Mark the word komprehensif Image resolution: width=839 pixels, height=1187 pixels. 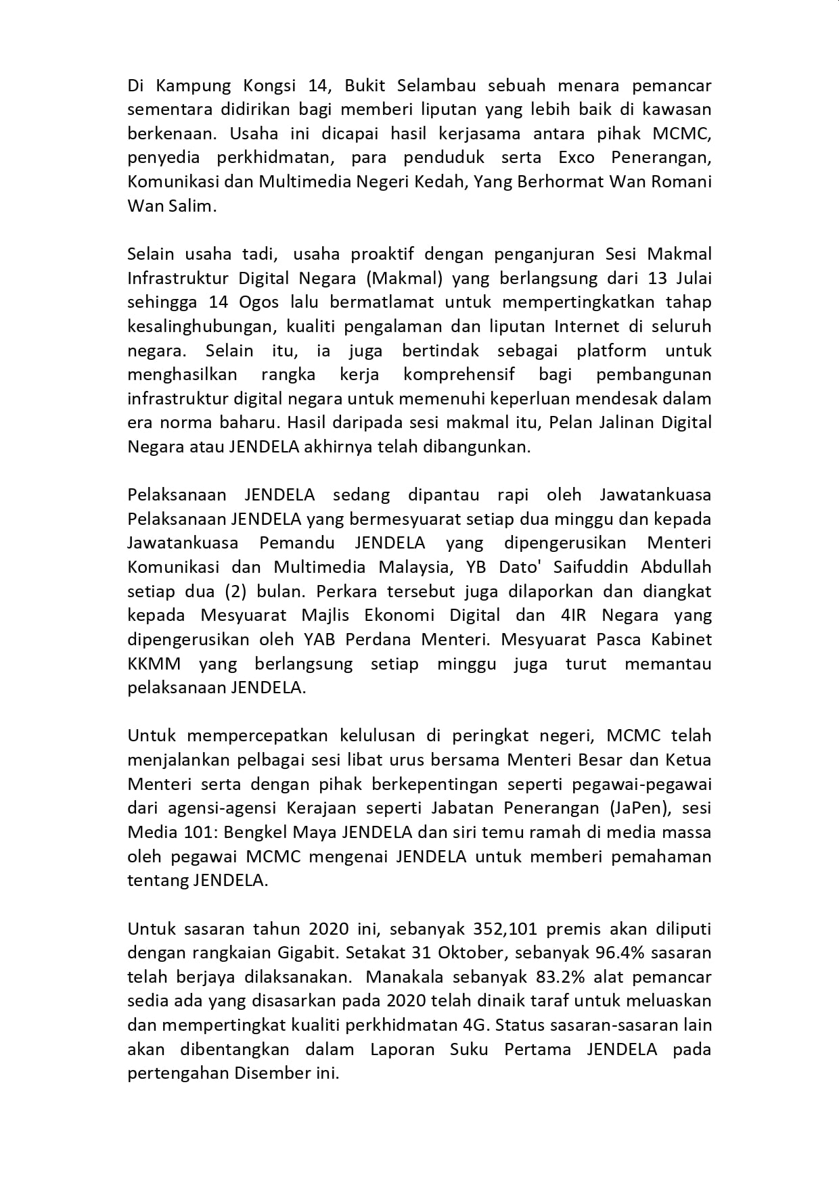pyautogui.click(x=459, y=375)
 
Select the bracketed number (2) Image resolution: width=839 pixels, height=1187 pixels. pyautogui.click(x=237, y=591)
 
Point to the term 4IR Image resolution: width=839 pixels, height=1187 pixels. pyautogui.click(x=576, y=615)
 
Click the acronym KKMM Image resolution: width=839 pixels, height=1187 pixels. pyautogui.click(x=154, y=664)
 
